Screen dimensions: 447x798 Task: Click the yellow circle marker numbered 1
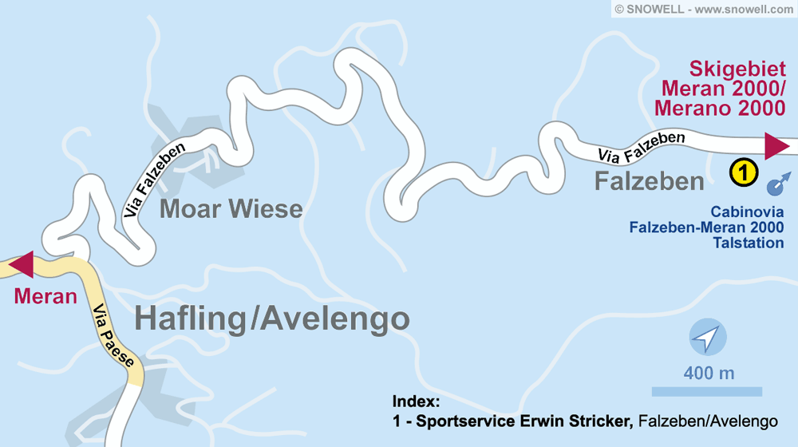pos(743,171)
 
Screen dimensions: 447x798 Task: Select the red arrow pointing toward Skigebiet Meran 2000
pos(776,146)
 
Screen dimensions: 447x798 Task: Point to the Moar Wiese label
pos(231,209)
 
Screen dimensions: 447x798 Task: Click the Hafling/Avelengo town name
pos(272,318)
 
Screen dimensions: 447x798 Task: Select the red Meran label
pos(45,297)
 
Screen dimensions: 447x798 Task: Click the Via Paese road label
pos(113,336)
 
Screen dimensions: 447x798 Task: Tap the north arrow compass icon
pos(707,339)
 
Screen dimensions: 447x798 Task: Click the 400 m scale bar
pos(706,391)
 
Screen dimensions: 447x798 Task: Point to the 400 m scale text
pos(709,373)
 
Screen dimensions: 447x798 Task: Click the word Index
pos(416,402)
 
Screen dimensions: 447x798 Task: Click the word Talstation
pos(749,242)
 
